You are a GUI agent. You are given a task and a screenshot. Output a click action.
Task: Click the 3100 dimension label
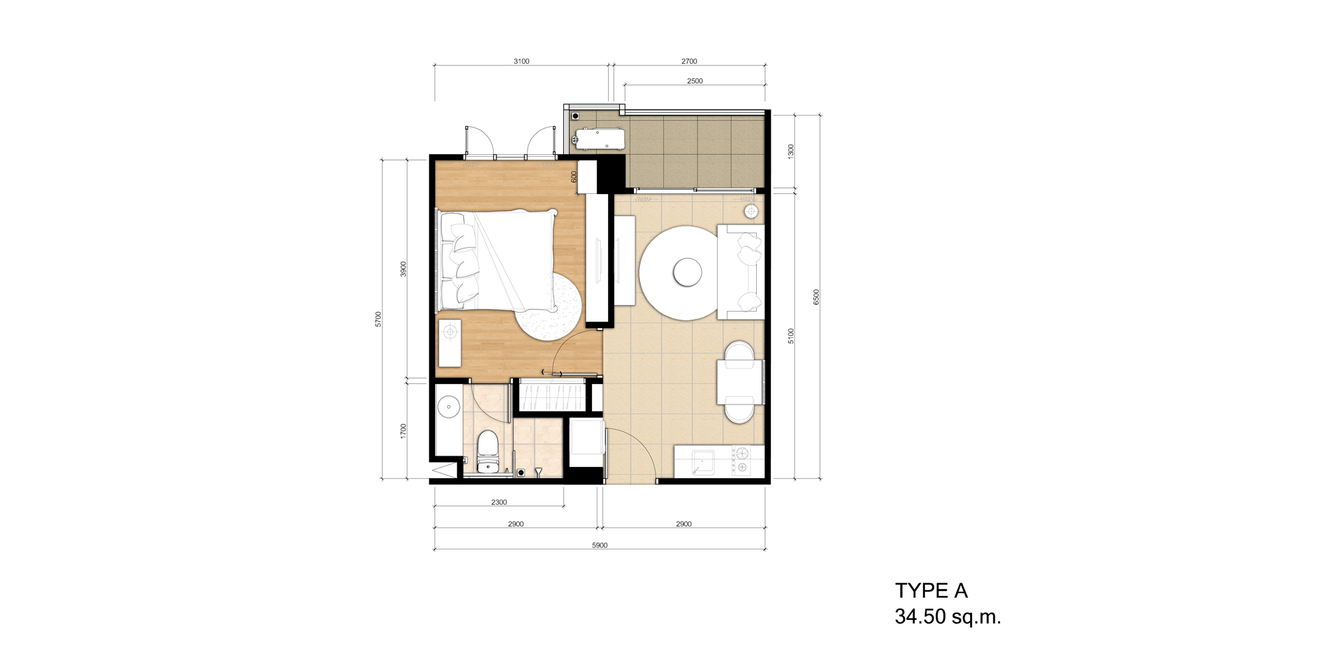point(522,61)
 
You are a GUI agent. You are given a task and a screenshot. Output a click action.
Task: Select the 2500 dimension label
point(695,81)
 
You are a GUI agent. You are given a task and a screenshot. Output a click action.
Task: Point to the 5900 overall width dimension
point(599,545)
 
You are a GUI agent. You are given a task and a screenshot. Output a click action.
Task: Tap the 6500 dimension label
point(817,297)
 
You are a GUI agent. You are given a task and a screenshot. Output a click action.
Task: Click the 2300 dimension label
point(499,502)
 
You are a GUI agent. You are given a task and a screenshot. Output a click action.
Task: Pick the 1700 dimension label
point(403,431)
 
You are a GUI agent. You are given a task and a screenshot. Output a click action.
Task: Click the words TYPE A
point(931,591)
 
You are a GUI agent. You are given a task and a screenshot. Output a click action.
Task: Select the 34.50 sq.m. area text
point(948,616)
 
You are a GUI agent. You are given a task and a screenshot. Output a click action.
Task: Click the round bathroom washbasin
point(449,405)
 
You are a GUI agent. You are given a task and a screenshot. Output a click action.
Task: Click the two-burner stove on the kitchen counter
point(740,460)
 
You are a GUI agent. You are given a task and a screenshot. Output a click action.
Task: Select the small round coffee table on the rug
point(687,272)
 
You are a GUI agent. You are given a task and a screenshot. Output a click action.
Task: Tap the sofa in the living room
point(740,272)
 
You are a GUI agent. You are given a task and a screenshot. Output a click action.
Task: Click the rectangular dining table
point(740,382)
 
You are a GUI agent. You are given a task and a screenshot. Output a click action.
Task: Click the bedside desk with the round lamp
point(450,343)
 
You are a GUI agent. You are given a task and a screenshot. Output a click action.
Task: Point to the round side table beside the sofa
point(751,211)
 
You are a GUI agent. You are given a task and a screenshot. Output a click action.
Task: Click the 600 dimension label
point(574,177)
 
